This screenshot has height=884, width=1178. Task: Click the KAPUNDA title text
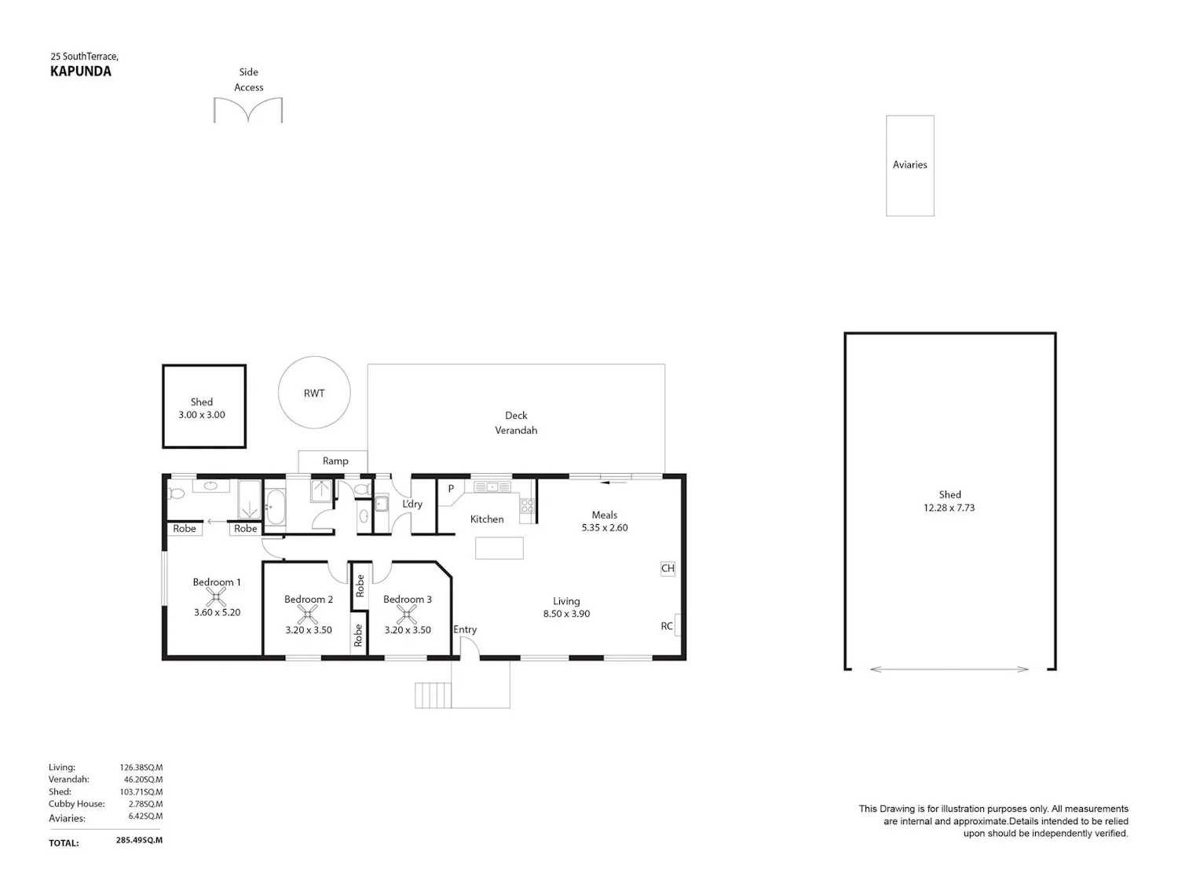[x=81, y=72]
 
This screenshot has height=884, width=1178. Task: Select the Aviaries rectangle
[x=909, y=166]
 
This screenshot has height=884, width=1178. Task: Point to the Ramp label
[x=335, y=461]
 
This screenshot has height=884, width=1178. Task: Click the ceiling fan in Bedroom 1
[x=216, y=597]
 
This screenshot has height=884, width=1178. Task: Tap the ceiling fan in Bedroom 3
[x=406, y=614]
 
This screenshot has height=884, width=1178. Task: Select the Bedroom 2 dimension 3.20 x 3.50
[x=309, y=630]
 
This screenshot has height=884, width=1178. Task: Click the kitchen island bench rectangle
[x=499, y=548]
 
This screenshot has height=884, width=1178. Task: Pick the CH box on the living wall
[x=668, y=568]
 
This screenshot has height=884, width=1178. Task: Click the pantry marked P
[x=451, y=489]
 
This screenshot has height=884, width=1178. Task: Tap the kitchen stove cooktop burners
[x=528, y=504]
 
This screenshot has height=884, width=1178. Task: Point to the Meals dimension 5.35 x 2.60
[x=605, y=527]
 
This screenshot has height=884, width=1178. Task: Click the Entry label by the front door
[x=465, y=629]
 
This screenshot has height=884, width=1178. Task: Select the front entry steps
[x=433, y=695]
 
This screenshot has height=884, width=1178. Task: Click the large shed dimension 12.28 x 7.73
[x=949, y=508]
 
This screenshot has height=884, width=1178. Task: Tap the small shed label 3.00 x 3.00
[x=202, y=415]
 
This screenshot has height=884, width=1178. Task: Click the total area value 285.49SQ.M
[x=139, y=840]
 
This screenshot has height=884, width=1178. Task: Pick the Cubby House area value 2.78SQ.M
[x=145, y=804]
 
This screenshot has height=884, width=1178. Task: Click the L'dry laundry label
[x=413, y=504]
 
